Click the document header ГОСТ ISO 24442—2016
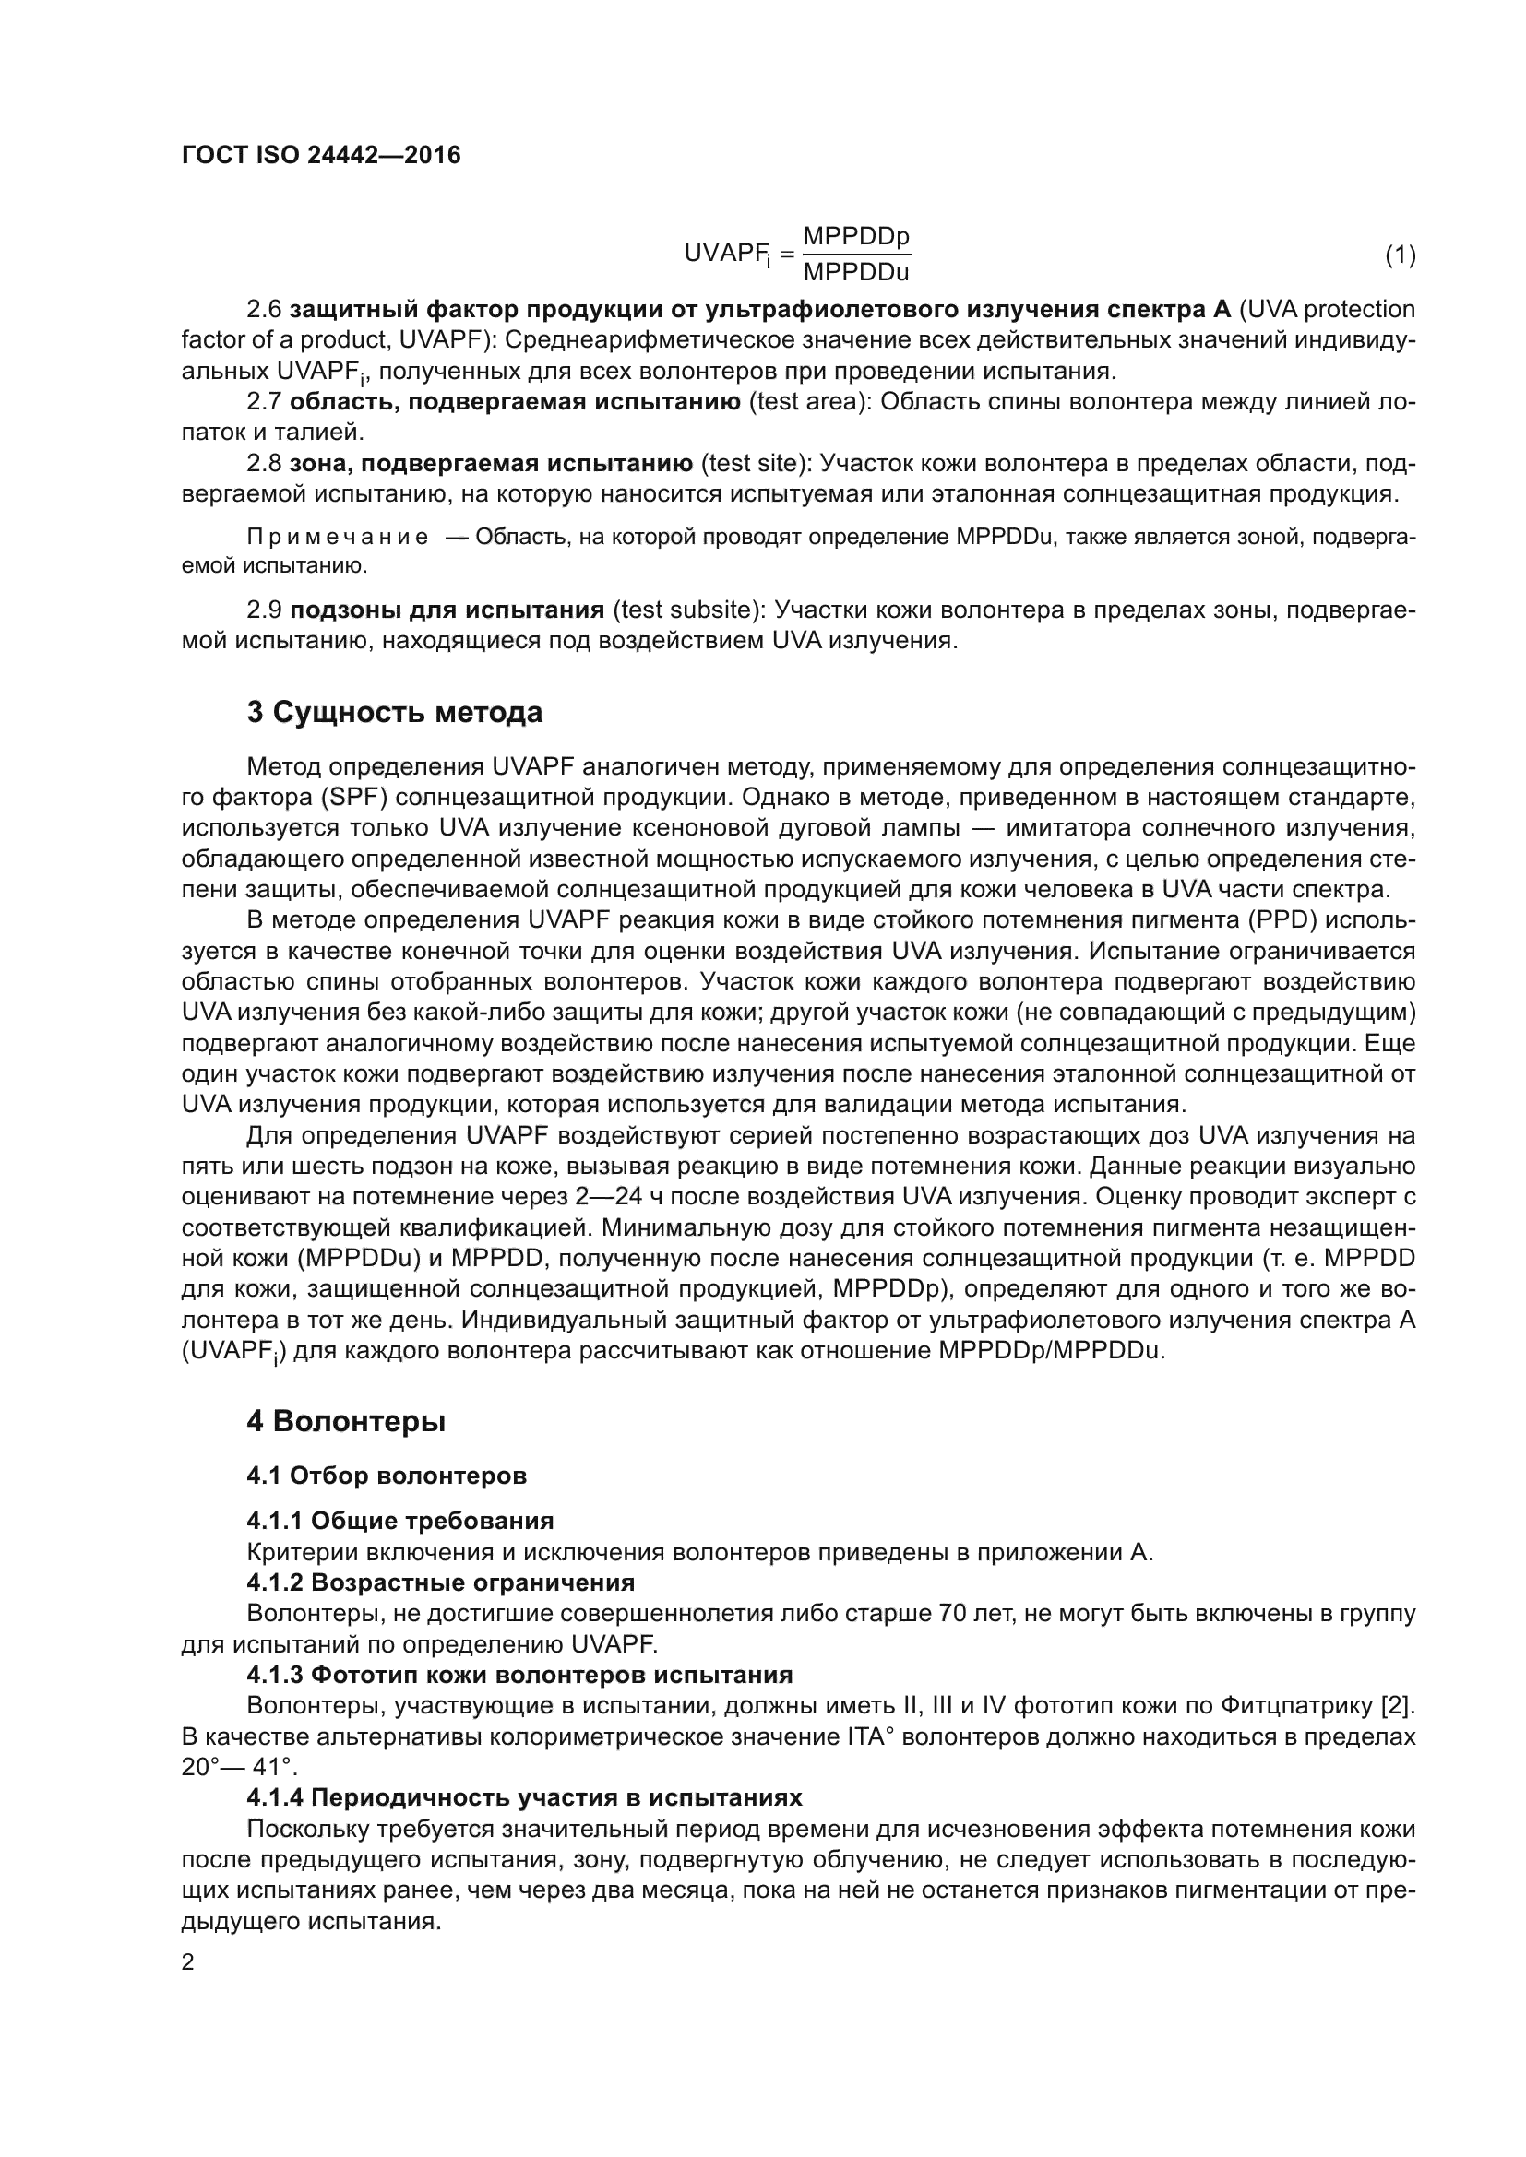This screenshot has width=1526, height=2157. coord(320,155)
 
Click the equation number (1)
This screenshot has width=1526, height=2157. coord(1401,255)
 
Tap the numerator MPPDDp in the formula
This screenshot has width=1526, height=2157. coord(856,236)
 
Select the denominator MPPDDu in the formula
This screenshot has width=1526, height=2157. coord(856,272)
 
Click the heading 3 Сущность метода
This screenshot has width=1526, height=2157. coord(395,713)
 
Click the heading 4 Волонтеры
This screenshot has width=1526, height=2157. coord(346,1421)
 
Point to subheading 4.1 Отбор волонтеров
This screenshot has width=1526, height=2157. coord(387,1475)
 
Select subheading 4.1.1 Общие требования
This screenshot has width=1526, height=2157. coord(399,1520)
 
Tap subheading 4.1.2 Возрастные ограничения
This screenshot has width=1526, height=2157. coord(440,1582)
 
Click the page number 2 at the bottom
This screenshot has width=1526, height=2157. coord(188,1962)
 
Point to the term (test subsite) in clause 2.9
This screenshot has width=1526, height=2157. coord(689,610)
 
